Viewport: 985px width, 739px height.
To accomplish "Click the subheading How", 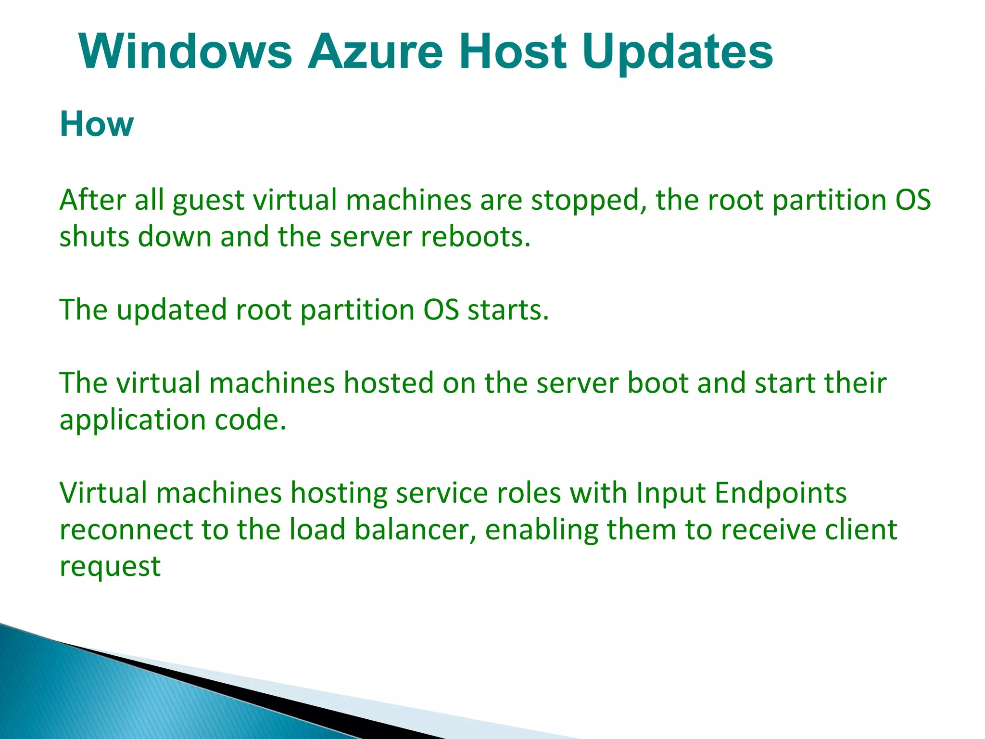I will coord(97,124).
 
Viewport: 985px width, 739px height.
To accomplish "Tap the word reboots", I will coord(476,237).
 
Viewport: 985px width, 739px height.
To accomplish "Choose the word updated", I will coord(171,310).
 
